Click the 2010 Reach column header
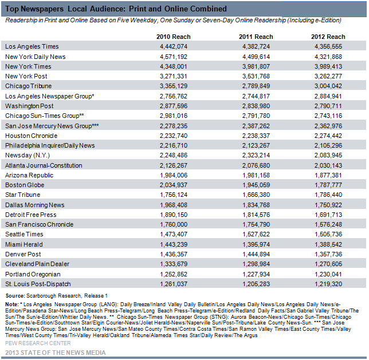174,37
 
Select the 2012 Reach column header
328,37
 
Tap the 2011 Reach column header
256,37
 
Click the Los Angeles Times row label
32,46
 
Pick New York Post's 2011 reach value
256,76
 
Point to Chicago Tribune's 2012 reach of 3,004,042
328,86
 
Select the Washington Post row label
29,106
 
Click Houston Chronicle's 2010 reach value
174,136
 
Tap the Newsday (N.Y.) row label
28,155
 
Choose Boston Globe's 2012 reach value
328,185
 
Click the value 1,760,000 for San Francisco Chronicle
174,224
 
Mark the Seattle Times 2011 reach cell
256,234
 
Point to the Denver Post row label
23,254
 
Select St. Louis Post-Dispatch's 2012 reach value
328,284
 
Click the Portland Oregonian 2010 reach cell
174,274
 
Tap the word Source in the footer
15,296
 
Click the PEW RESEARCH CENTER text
38,343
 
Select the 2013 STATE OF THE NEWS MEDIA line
56,353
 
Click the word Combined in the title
209,9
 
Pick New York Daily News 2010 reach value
174,57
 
